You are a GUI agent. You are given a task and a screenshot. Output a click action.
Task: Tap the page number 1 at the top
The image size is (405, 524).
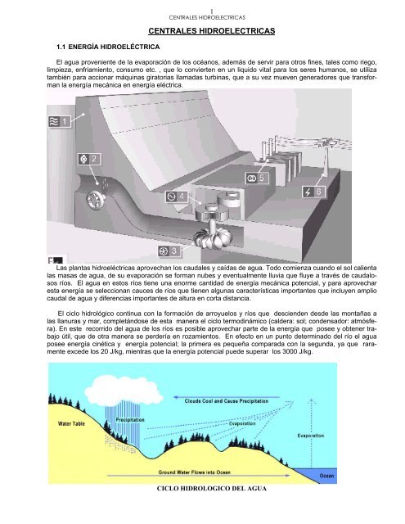pos(202,4)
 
